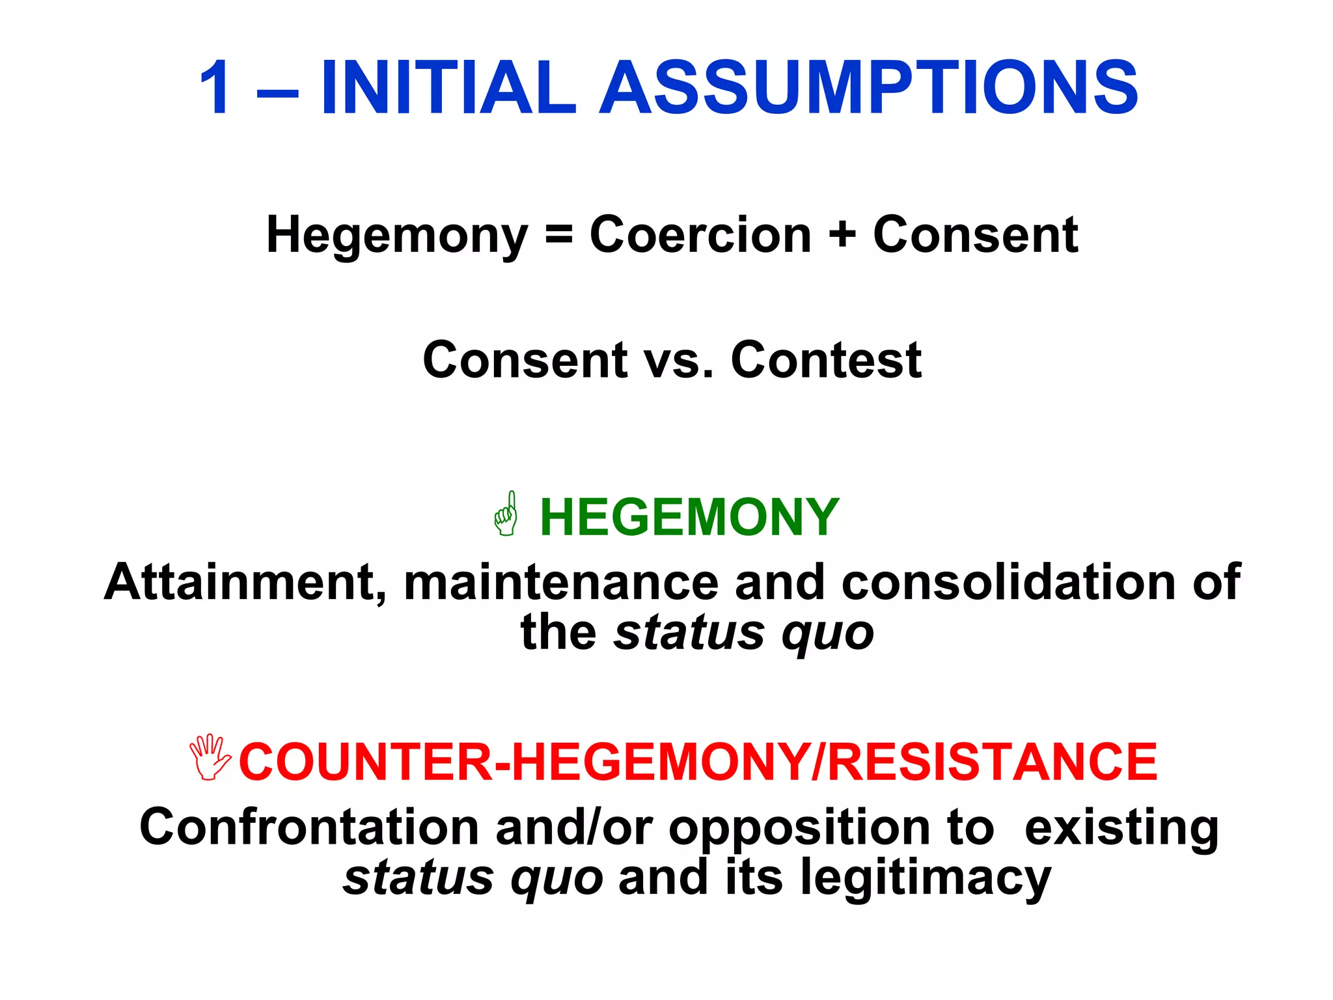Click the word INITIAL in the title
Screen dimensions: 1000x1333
448,88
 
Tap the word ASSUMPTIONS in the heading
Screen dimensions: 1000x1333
868,88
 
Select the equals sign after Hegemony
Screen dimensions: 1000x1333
559,235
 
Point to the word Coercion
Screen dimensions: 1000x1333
700,235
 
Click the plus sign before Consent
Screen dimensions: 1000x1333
842,235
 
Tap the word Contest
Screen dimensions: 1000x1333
826,360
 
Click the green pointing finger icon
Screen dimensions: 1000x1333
506,514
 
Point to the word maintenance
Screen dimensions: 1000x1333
561,582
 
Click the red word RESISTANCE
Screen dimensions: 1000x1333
993,762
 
